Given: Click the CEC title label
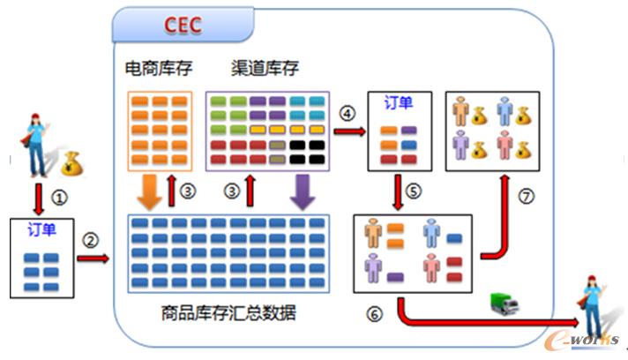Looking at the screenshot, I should pos(180,26).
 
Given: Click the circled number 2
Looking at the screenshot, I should pos(90,238).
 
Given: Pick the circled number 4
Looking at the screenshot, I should pos(347,113).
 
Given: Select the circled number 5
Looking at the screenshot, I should pos(415,191).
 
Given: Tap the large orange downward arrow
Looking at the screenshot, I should pos(153,189).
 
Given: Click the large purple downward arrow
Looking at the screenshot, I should pos(303,190).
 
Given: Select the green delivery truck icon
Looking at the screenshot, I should pos(505,304).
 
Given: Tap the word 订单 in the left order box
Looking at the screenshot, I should pos(39,231).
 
